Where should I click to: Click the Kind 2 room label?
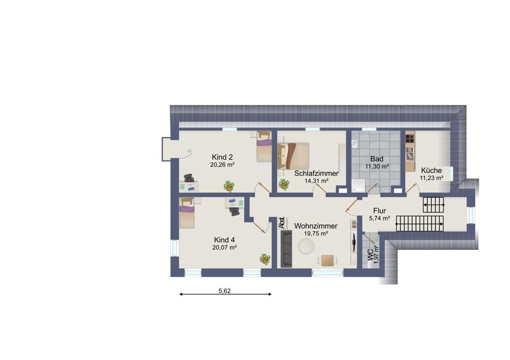222,157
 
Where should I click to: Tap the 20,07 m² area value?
224,247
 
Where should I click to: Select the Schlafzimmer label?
316,173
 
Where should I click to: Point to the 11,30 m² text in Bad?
377,167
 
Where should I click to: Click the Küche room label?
431,170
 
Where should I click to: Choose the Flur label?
379,211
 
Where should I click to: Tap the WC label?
370,255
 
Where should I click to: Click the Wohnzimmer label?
316,226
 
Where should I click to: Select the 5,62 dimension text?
224,291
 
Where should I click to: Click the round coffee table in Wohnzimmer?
307,246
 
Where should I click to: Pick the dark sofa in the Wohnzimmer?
286,249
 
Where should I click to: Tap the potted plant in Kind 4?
265,259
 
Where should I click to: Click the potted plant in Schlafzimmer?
284,185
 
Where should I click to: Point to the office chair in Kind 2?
189,177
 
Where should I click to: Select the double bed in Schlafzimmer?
293,156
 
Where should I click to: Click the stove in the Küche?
410,139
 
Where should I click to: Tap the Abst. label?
282,223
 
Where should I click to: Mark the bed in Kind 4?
187,213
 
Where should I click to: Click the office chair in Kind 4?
235,212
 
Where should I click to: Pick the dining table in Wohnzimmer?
327,260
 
